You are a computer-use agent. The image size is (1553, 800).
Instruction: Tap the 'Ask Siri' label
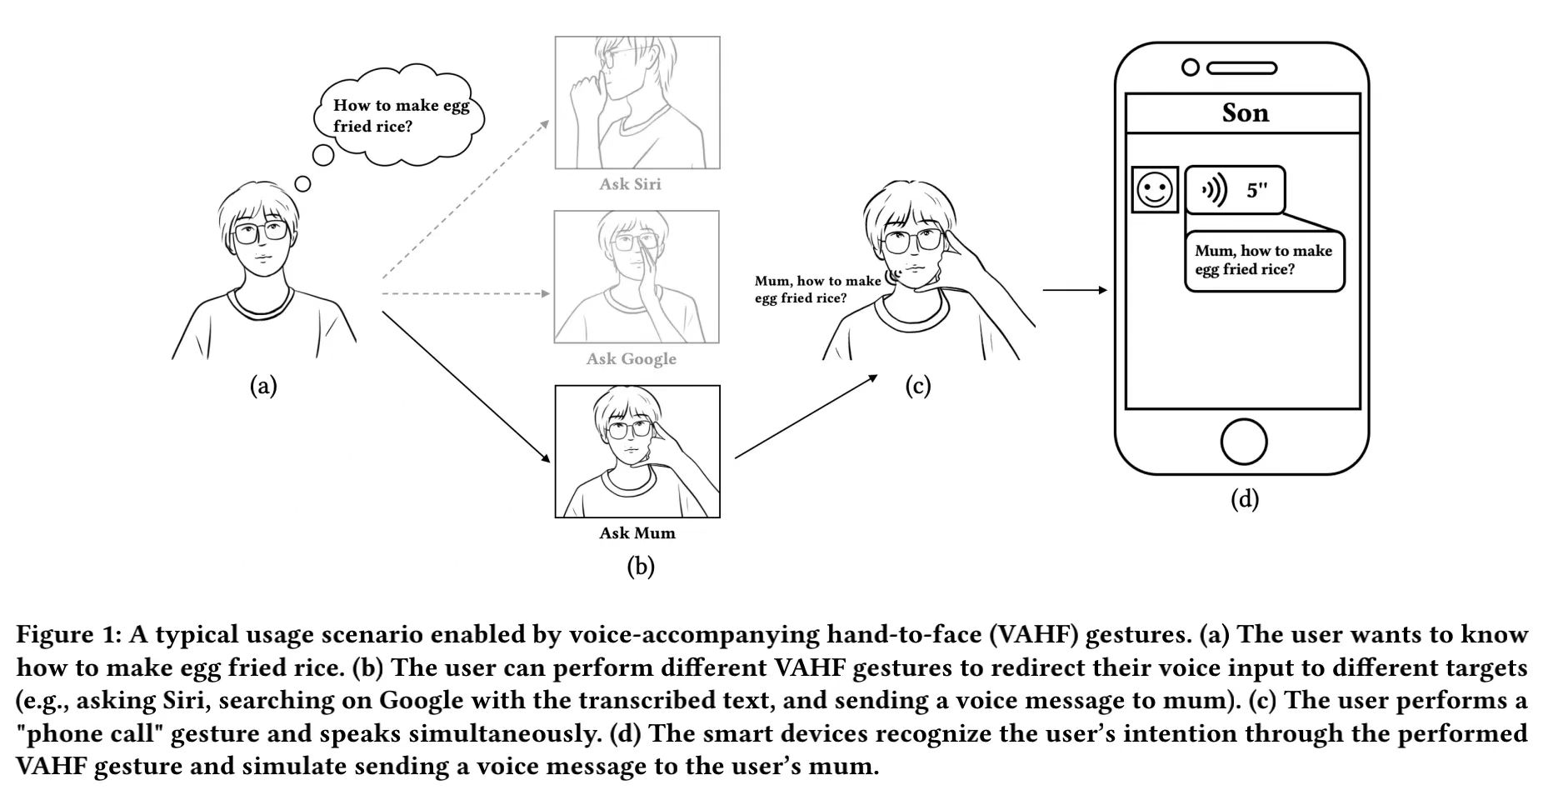pyautogui.click(x=630, y=184)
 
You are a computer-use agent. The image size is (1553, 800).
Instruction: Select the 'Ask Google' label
pyautogui.click(x=631, y=359)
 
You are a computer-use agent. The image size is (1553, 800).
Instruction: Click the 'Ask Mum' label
pyautogui.click(x=637, y=533)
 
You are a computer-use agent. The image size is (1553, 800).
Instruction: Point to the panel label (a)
pyautogui.click(x=263, y=385)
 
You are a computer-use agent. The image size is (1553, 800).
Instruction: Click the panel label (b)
pyautogui.click(x=640, y=567)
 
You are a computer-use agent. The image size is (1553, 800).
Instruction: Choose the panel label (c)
pyautogui.click(x=917, y=386)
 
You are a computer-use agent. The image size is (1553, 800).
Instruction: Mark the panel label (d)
pyautogui.click(x=1245, y=499)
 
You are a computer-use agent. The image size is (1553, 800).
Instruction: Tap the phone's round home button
pyautogui.click(x=1244, y=442)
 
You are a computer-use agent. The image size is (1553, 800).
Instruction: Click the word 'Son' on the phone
pyautogui.click(x=1245, y=112)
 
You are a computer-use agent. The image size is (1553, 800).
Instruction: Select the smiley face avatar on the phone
pyautogui.click(x=1155, y=189)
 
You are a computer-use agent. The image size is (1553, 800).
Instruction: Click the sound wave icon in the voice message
pyautogui.click(x=1213, y=191)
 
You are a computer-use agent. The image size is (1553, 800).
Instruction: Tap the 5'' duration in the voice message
pyautogui.click(x=1256, y=191)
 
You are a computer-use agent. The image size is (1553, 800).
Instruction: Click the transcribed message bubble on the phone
pyautogui.click(x=1264, y=261)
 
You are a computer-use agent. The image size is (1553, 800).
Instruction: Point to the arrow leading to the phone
pyautogui.click(x=1075, y=290)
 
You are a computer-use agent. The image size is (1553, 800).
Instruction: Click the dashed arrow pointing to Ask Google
pyautogui.click(x=465, y=294)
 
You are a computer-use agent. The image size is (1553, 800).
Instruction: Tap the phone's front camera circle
pyautogui.click(x=1191, y=67)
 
